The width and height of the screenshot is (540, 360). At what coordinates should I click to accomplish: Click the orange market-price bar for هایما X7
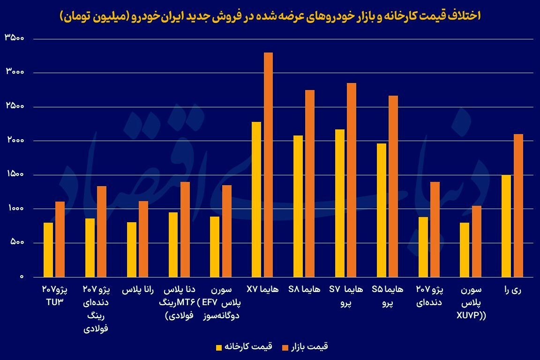(268, 164)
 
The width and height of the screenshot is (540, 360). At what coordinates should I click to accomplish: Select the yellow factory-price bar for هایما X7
(256, 199)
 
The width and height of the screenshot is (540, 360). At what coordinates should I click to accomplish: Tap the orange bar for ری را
(518, 205)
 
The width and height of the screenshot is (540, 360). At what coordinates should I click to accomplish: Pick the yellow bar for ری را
(506, 226)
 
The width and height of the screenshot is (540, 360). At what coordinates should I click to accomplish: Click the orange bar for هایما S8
(310, 183)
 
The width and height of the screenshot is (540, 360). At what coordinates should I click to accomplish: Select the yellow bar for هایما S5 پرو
(382, 210)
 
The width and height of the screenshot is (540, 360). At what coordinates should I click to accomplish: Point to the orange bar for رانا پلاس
(143, 239)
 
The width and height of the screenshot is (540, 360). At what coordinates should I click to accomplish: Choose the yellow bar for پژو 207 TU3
(48, 249)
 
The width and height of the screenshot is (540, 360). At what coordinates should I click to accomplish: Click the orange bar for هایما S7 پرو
(352, 180)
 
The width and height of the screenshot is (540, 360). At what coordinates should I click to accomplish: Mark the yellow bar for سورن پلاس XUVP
(465, 249)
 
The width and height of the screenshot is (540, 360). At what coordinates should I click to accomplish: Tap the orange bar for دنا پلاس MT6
(185, 229)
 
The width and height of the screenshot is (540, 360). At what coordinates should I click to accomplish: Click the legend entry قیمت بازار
(305, 347)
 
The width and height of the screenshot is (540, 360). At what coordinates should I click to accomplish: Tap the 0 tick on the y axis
(22, 277)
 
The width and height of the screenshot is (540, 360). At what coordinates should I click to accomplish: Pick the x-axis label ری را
(512, 290)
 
